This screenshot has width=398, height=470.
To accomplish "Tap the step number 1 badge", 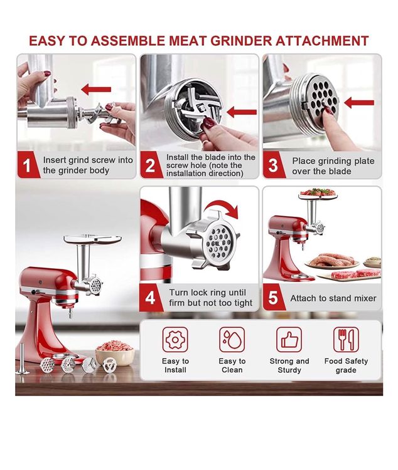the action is click(28, 165).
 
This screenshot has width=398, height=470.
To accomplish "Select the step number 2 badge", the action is click(150, 165).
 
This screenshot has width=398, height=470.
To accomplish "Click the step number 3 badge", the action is click(273, 165).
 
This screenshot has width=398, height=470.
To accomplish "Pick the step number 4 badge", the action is click(150, 298).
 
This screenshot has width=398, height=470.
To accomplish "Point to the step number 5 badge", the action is click(273, 298).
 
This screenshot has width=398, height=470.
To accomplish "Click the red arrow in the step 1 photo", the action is click(96, 90).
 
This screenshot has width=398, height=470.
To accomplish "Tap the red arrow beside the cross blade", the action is click(242, 112).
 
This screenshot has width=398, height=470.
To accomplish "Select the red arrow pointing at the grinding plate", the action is click(359, 103).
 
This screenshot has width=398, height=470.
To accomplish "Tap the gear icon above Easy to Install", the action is click(175, 340).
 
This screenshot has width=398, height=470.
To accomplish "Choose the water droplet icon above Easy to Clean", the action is click(232, 340).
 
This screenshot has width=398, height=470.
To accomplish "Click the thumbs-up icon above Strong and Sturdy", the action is click(289, 340).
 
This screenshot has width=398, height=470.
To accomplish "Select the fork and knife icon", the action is click(346, 340).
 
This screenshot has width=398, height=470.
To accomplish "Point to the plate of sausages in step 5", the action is click(332, 261).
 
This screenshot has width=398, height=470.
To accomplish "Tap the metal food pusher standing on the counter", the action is click(22, 359).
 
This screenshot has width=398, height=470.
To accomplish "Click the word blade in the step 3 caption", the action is click(340, 172).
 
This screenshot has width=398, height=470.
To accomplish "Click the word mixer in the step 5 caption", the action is click(365, 298).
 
